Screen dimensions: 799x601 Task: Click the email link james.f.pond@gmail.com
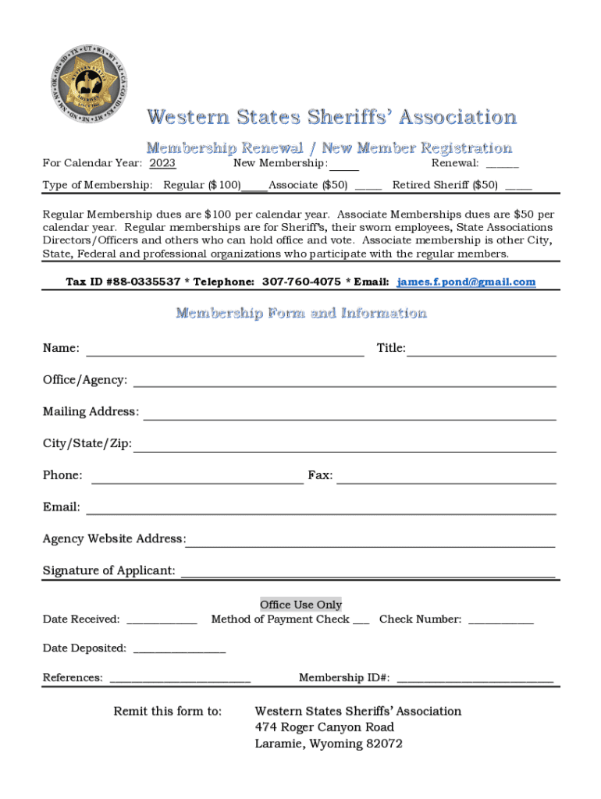(466, 282)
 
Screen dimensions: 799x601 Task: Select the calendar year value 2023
(162, 163)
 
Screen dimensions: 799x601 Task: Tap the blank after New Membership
(344, 165)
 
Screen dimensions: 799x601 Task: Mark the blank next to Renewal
(502, 165)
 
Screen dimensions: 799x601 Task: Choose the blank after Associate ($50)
(368, 186)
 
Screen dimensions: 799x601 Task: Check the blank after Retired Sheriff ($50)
(518, 186)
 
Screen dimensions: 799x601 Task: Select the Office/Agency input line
(344, 382)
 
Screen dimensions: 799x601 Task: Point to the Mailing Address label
(91, 411)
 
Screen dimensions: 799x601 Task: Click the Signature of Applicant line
(368, 573)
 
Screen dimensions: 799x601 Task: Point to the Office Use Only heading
(300, 605)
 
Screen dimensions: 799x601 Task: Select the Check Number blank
(501, 621)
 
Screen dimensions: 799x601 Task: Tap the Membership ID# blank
(475, 679)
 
